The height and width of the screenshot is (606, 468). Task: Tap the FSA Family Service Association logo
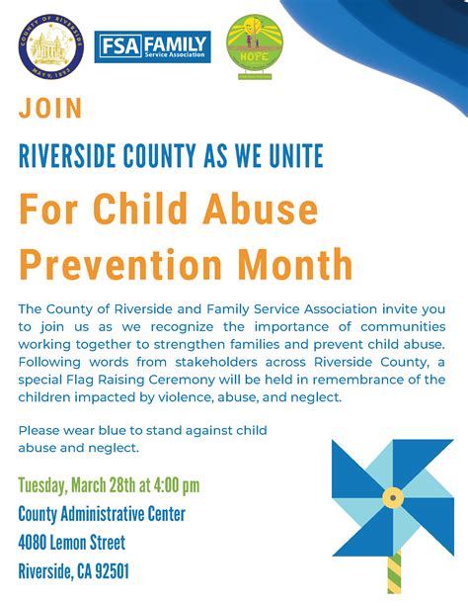(x=152, y=46)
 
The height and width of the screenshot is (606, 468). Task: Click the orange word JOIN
(x=50, y=109)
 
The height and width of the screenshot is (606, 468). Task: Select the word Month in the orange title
(x=295, y=264)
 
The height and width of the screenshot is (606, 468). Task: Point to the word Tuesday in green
(x=48, y=485)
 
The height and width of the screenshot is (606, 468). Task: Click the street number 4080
(x=37, y=543)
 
